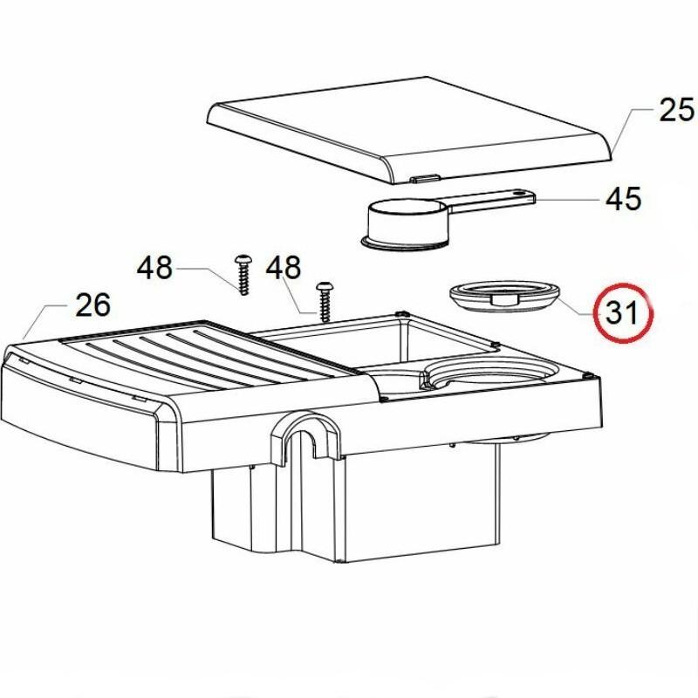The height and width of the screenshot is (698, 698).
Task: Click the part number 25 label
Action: (x=676, y=110)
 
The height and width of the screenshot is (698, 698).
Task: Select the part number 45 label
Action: (x=623, y=199)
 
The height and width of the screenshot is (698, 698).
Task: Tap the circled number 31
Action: (x=622, y=312)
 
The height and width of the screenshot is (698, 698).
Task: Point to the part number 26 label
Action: (x=92, y=305)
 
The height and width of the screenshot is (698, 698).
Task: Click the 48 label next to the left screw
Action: (x=154, y=268)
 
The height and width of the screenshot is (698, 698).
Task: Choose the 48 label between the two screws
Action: (x=283, y=268)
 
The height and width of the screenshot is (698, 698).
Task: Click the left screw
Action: (x=243, y=275)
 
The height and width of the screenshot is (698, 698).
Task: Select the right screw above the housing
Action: (x=324, y=301)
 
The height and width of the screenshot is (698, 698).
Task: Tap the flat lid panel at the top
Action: (x=408, y=130)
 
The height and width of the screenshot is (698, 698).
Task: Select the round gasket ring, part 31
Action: (x=504, y=296)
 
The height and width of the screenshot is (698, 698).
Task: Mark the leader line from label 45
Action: (x=569, y=200)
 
